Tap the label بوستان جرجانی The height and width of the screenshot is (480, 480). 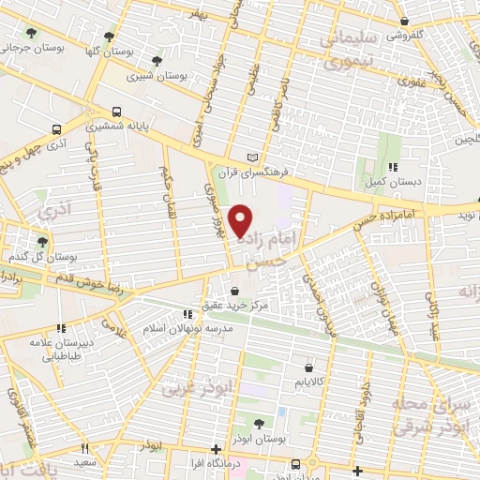(33, 47)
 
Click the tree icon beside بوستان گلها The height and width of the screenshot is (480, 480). (109, 37)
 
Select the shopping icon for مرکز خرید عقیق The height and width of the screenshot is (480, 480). (233, 291)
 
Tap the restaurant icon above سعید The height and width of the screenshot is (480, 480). (85, 448)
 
